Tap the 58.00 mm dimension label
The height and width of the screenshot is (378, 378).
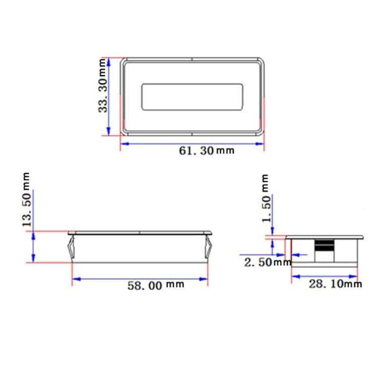[x=155, y=285]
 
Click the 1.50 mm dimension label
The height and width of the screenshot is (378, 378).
[x=266, y=199]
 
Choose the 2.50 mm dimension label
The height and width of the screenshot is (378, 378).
[x=268, y=262]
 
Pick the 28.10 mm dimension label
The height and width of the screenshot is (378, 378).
[x=335, y=284]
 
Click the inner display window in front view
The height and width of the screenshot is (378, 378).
[x=192, y=96]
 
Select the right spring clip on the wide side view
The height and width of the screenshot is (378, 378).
[x=209, y=247]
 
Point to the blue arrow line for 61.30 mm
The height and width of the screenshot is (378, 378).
[x=192, y=143]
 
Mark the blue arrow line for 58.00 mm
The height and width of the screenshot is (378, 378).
[x=140, y=279]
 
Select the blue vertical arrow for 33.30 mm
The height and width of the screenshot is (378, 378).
[x=108, y=96]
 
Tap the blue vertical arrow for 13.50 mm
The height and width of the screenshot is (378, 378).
[x=34, y=247]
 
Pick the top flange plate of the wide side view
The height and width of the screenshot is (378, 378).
[x=140, y=233]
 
